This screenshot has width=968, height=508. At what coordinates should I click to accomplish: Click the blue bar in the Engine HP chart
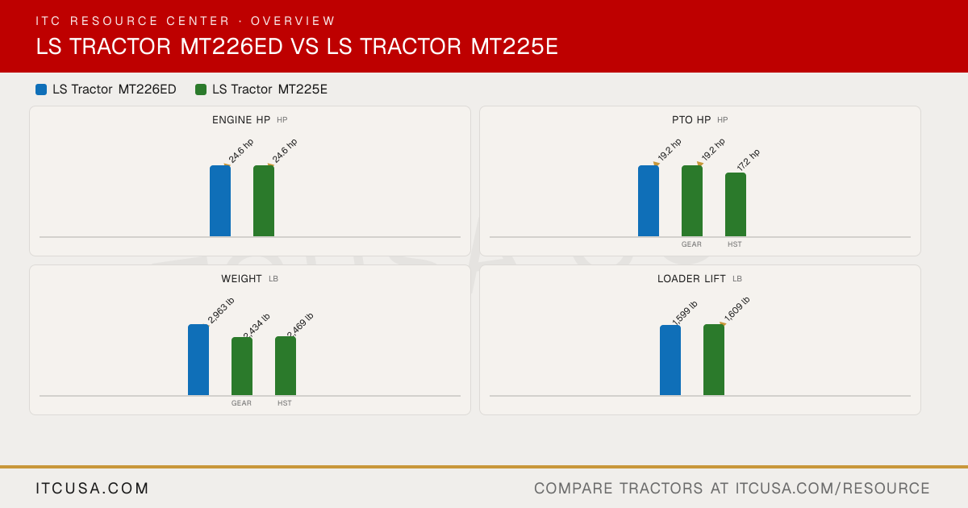220,201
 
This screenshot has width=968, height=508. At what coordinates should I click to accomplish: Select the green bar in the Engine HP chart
264,201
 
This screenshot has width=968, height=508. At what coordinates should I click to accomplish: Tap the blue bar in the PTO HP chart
649,201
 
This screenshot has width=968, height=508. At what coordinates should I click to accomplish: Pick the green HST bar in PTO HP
736,204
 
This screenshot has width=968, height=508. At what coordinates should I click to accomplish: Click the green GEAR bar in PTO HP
692,201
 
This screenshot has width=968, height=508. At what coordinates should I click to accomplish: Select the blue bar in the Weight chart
198,360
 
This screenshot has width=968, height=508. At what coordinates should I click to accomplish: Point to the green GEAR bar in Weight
242,366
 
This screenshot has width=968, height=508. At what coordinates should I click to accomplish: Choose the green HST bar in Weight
286,366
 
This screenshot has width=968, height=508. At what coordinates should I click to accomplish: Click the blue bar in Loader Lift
670,360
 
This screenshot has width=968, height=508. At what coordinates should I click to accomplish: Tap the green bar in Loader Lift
714,360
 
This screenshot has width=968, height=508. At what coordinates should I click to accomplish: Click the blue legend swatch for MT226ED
41,90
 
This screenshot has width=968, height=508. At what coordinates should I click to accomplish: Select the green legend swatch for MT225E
201,90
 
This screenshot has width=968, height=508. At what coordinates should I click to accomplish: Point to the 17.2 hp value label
749,160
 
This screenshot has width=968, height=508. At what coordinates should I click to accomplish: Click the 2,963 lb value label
221,310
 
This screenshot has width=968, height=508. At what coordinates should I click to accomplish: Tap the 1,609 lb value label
736,309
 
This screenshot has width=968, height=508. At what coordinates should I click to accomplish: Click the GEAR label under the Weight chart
241,403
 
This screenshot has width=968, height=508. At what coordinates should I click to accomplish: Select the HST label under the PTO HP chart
735,244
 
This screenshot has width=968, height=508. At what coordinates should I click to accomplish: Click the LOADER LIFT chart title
691,279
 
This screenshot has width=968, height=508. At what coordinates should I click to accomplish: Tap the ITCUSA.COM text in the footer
92,488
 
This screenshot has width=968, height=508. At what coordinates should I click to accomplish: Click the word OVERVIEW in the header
293,21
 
